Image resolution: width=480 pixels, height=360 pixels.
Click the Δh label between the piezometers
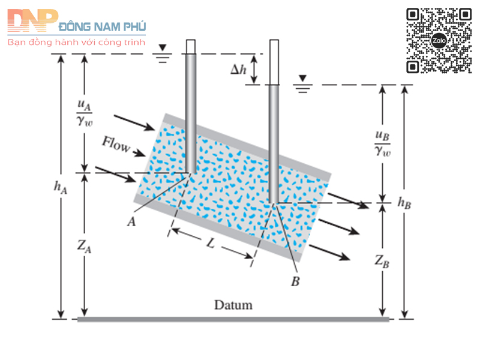click(x=239, y=69)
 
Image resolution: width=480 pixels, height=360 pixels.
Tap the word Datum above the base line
click(x=233, y=305)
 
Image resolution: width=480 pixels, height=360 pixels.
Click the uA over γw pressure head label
click(x=85, y=110)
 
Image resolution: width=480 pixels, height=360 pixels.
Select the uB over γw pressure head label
click(x=382, y=143)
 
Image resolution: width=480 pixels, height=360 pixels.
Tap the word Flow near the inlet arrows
click(x=116, y=145)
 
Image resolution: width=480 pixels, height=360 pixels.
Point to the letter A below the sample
click(x=131, y=221)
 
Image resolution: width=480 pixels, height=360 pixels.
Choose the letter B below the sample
click(x=295, y=281)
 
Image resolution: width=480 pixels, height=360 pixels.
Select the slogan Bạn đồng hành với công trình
click(x=76, y=43)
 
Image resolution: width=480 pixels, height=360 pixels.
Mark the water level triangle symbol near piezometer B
click(x=304, y=79)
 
